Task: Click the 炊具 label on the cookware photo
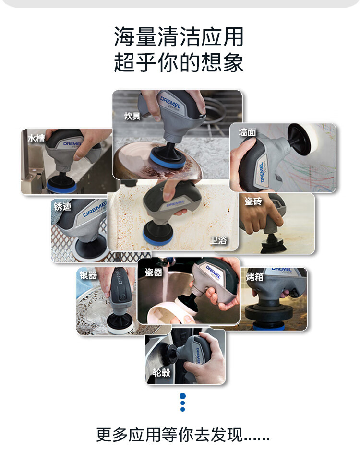pyautogui.click(x=132, y=116)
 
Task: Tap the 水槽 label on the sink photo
pyautogui.click(x=36, y=139)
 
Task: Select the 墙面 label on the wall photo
pyautogui.click(x=247, y=132)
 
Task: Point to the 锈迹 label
pyautogui.click(x=62, y=207)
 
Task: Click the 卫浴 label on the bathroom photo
pyautogui.click(x=218, y=240)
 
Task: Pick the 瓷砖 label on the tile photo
pyautogui.click(x=253, y=201)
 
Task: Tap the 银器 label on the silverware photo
pyautogui.click(x=88, y=275)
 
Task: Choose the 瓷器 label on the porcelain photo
pyautogui.click(x=154, y=272)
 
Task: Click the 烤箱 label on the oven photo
pyautogui.click(x=255, y=277)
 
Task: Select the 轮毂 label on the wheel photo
pyautogui.click(x=162, y=372)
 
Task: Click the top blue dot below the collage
pyautogui.click(x=182, y=396)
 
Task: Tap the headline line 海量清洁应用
pyautogui.click(x=179, y=37)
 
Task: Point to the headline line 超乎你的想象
pyautogui.click(x=179, y=62)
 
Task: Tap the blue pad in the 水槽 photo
pyautogui.click(x=62, y=187)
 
